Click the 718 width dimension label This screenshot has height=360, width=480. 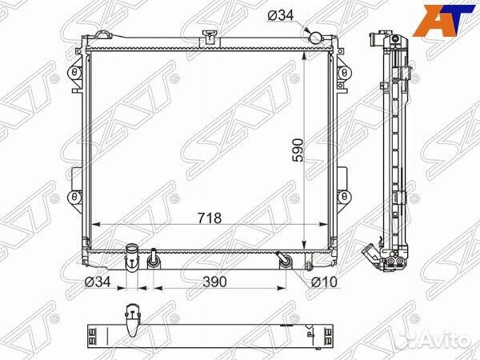coord(210,218)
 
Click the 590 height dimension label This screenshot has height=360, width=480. coord(298,150)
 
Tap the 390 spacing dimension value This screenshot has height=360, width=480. coord(214,282)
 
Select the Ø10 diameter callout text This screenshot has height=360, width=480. coord(324,282)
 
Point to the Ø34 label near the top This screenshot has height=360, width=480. coord(281,15)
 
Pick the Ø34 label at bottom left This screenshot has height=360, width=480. coord(98,282)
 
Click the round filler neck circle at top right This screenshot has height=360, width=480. coord(315,38)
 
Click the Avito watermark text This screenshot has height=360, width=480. coord(449,340)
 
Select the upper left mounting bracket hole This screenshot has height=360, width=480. coord(74,73)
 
